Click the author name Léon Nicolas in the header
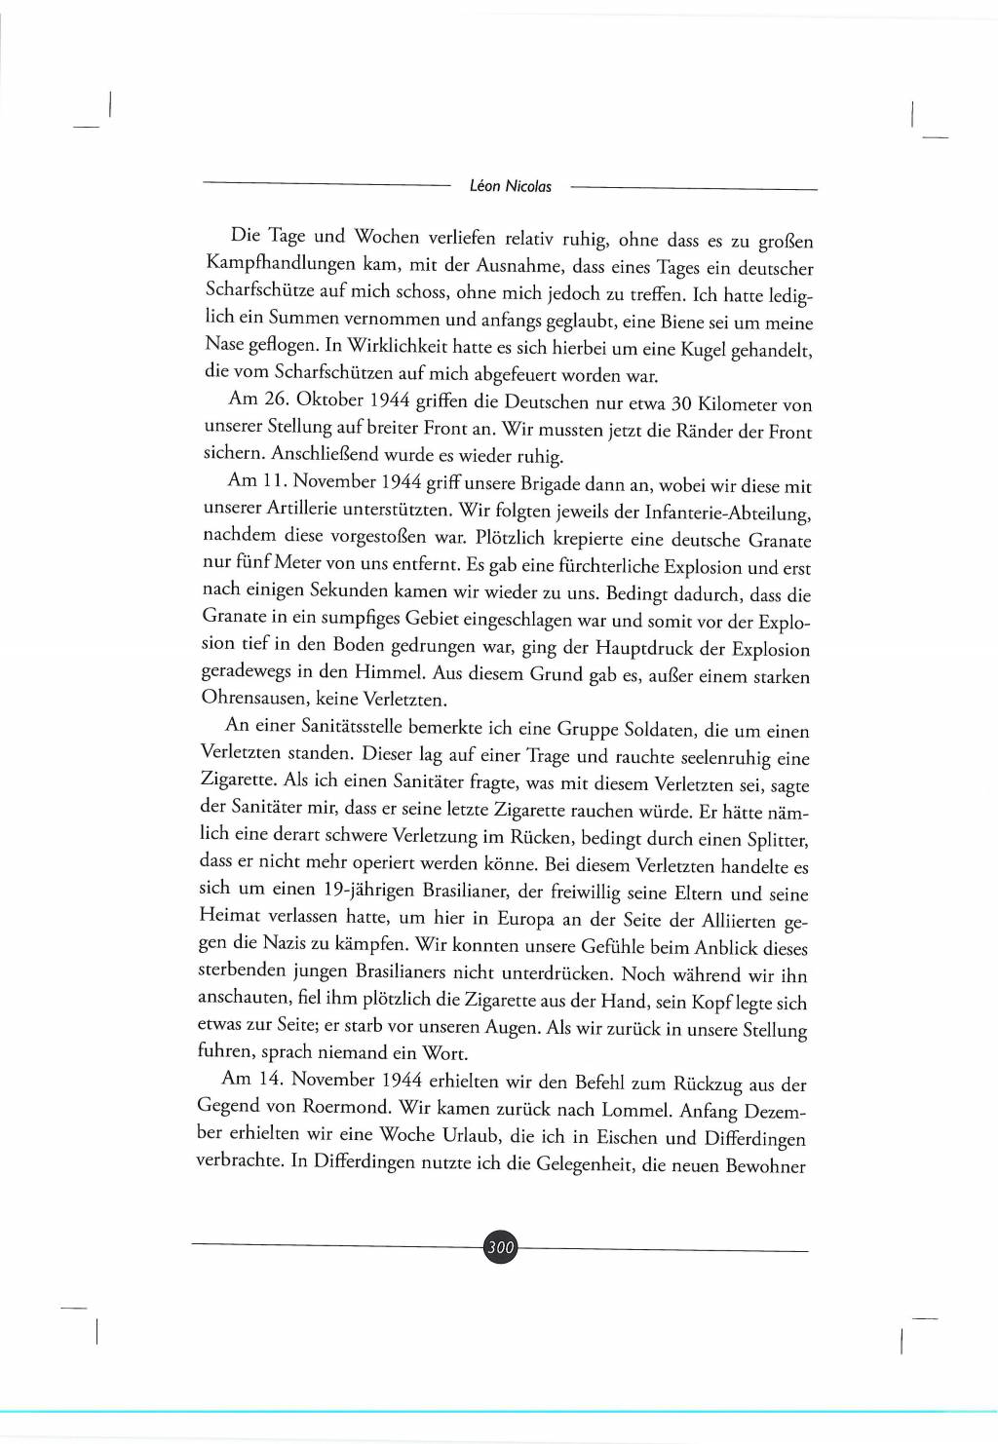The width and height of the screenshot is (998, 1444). (510, 186)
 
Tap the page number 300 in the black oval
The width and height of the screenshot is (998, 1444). (500, 1247)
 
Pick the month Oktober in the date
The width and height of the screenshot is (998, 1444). (330, 399)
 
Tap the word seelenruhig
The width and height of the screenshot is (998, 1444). (719, 757)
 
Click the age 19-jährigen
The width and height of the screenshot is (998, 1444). (367, 890)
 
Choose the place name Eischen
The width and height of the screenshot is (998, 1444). (628, 1136)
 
